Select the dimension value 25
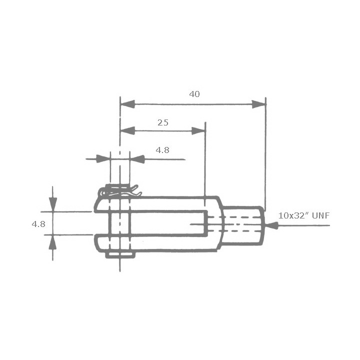pyautogui.click(x=162, y=122)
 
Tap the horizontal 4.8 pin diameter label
pyautogui.click(x=162, y=150)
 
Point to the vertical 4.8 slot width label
pyautogui.click(x=38, y=224)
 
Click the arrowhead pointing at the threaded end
pyautogui.click(x=271, y=226)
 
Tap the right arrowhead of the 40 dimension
pyautogui.click(x=258, y=104)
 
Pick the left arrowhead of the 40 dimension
pyautogui.click(x=128, y=104)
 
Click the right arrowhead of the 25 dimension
pyautogui.click(x=198, y=131)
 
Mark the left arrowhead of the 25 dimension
pyautogui.click(x=128, y=131)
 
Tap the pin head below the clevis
pyautogui.click(x=120, y=255)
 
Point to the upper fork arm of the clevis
pyautogui.click(x=165, y=204)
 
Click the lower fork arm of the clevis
pyautogui.click(x=165, y=243)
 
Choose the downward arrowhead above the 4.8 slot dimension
pyautogui.click(x=52, y=204)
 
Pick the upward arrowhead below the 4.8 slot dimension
pyautogui.click(x=52, y=241)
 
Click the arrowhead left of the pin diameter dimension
pyautogui.click(x=103, y=159)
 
